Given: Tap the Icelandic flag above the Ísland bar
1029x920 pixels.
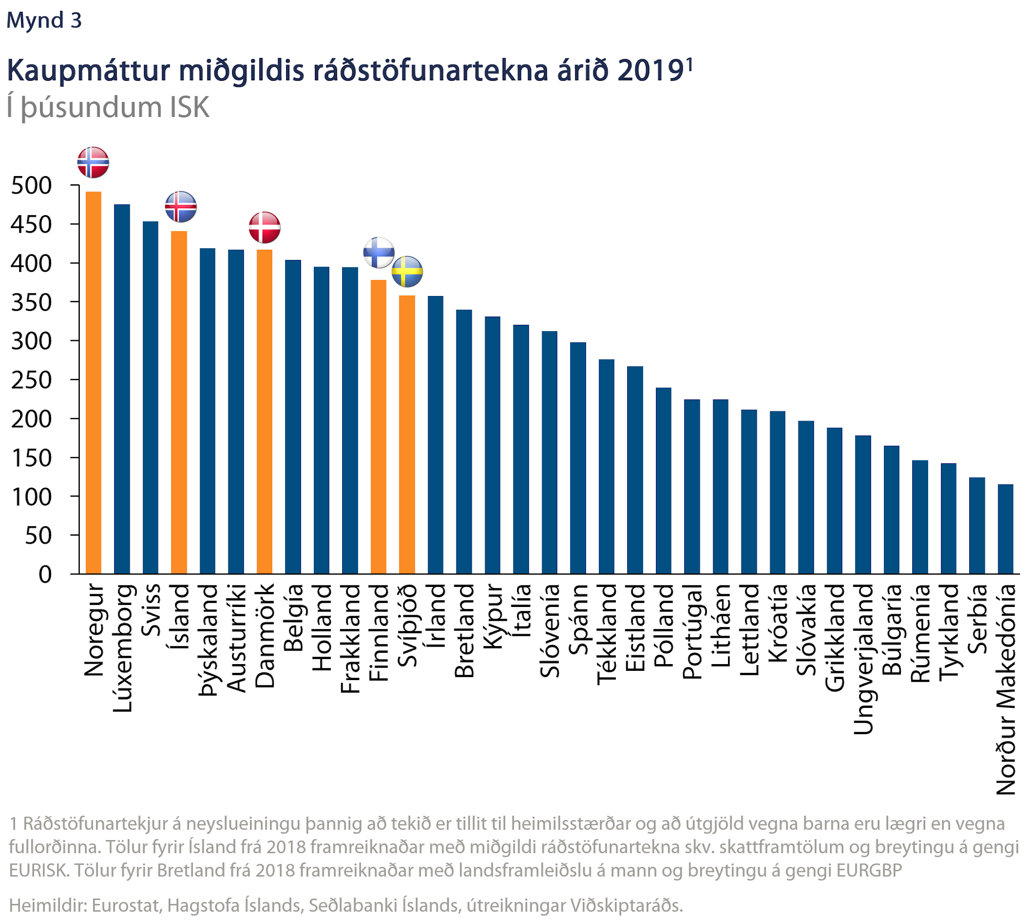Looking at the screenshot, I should [x=181, y=206].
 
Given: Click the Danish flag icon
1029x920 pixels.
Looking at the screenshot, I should [x=264, y=227].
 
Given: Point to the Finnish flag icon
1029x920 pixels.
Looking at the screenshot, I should [x=379, y=252].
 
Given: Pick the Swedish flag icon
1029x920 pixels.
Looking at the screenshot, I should [x=407, y=271].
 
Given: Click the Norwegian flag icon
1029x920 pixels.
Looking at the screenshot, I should [x=93, y=162].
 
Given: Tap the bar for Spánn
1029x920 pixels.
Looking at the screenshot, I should [x=578, y=458].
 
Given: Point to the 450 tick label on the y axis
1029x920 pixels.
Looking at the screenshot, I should [x=31, y=224].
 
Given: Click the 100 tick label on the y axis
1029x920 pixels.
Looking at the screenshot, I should [x=31, y=497].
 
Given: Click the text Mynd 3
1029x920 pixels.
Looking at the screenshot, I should [x=44, y=20].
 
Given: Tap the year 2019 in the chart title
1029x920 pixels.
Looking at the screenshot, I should [x=650, y=71].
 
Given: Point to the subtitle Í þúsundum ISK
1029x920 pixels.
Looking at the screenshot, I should [x=108, y=108].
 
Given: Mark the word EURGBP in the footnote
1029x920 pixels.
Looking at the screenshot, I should [x=869, y=870].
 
